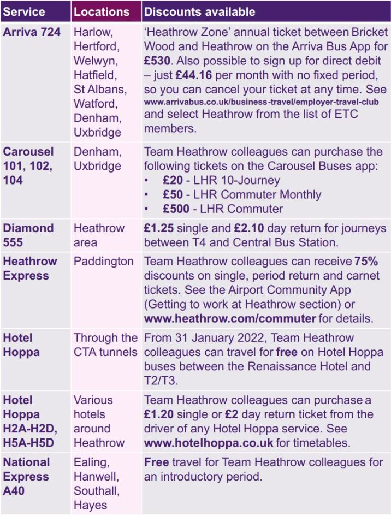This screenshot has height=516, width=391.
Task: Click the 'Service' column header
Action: (x=24, y=11)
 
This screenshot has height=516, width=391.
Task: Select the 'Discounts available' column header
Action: (x=199, y=11)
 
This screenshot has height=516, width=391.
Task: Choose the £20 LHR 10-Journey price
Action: (x=173, y=180)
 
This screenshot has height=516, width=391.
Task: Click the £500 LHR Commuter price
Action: (x=176, y=208)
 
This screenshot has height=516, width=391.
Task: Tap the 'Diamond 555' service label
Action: (x=28, y=235)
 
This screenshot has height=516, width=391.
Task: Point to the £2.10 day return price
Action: (x=249, y=228)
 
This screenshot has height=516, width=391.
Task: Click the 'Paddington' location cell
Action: (x=104, y=261)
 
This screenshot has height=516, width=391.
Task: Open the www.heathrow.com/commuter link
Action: (x=230, y=318)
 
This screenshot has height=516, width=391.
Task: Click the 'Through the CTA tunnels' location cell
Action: (x=106, y=345)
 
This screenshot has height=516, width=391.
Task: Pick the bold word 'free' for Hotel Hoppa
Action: (x=287, y=352)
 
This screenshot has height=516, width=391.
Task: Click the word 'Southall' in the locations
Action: (x=96, y=490)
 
